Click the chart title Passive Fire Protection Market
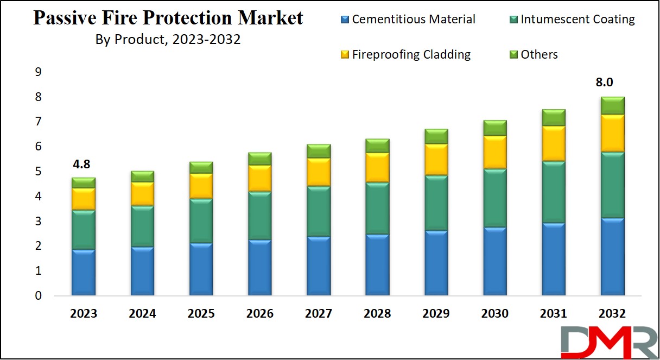pyautogui.click(x=168, y=18)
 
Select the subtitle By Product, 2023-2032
pyautogui.click(x=168, y=40)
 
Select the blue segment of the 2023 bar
pyautogui.click(x=84, y=273)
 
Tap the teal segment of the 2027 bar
pyautogui.click(x=319, y=211)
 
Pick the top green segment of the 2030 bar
pyautogui.click(x=495, y=128)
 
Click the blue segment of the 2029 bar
pyautogui.click(x=436, y=263)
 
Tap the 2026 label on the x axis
pyautogui.click(x=259, y=314)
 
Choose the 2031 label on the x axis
pyautogui.click(x=554, y=314)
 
